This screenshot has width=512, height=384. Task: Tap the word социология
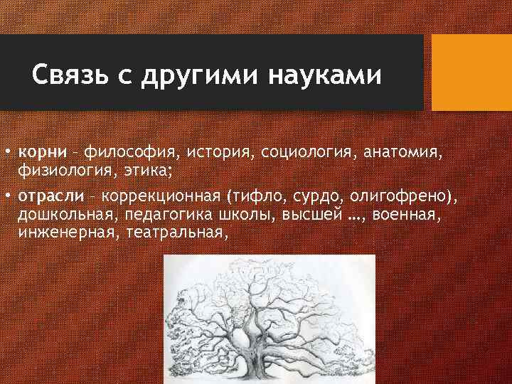pos(308,151)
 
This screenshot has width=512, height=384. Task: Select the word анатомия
pos(409,151)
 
